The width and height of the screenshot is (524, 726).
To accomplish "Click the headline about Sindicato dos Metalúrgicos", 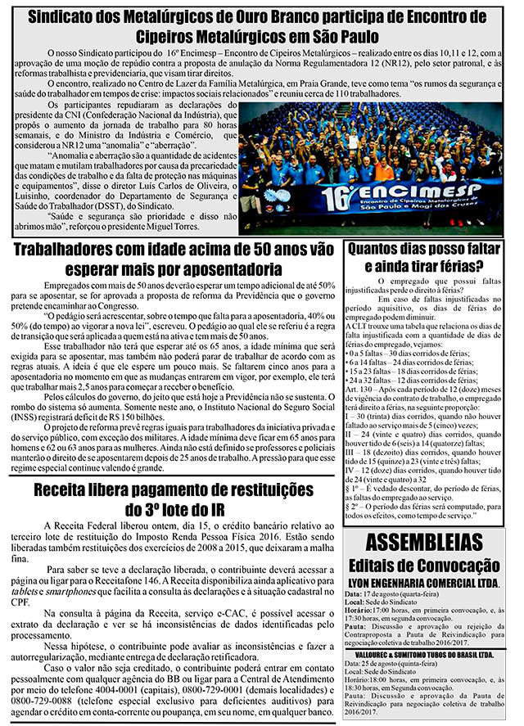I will (x=262, y=26).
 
